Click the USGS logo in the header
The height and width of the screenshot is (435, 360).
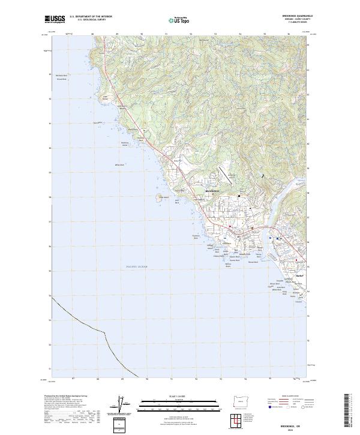pyautogui.click(x=55, y=19)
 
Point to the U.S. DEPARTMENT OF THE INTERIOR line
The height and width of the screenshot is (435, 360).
pyautogui.click(x=91, y=17)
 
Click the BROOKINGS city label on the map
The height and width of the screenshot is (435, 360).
pyautogui.click(x=212, y=191)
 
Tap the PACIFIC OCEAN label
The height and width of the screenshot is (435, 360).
pyautogui.click(x=137, y=266)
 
